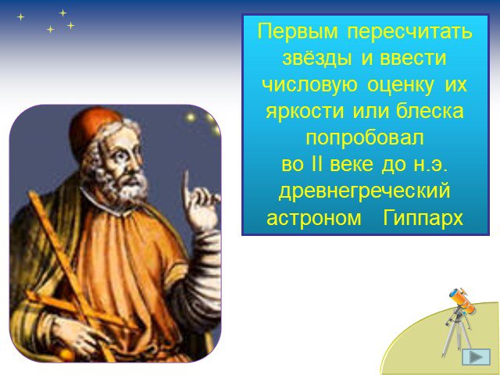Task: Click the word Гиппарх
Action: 423,219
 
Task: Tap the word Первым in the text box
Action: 298,31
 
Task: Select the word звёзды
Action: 318,59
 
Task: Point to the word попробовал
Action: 365,138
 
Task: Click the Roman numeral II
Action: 316,164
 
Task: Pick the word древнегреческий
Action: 365,191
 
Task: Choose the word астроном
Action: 314,219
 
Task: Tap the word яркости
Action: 305,112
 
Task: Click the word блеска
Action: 430,111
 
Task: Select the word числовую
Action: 309,85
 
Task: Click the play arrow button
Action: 476,357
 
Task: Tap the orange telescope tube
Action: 462,300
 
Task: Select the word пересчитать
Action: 410,31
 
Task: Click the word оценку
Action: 400,85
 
